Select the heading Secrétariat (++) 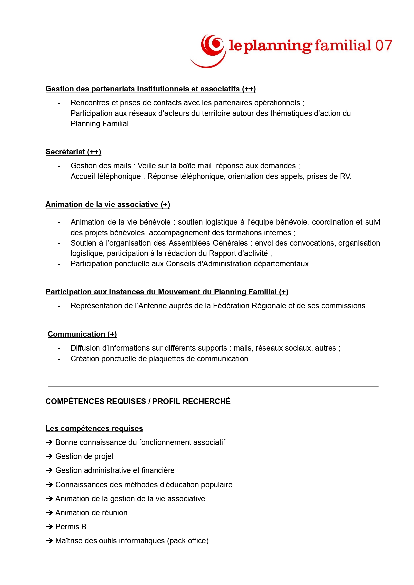[x=73, y=152]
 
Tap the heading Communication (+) [x=82, y=334]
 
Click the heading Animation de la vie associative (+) [x=108, y=205]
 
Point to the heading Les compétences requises [x=94, y=429]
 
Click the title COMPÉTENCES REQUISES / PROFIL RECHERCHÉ [x=138, y=401]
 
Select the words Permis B [x=71, y=527]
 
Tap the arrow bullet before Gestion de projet [x=49, y=456]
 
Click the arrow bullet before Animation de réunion [x=49, y=513]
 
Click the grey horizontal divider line [x=213, y=387]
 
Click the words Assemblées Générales [x=208, y=243]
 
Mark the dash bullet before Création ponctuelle [x=59, y=359]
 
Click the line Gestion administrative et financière [x=115, y=470]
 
